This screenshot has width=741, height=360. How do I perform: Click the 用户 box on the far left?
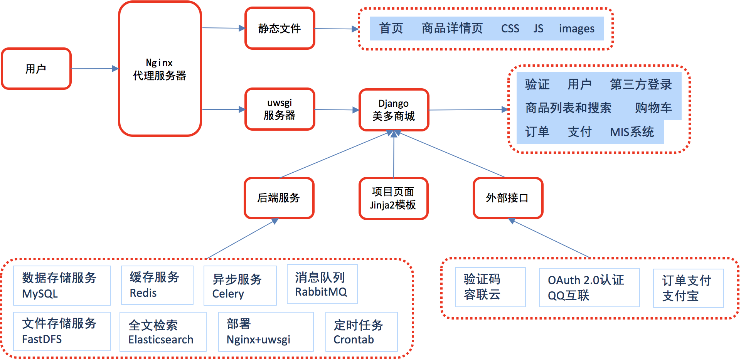point(36,69)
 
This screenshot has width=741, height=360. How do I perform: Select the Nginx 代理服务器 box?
point(160,69)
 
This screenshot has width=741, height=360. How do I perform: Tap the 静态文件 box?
point(280,28)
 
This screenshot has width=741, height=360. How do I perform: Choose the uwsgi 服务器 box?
point(280,109)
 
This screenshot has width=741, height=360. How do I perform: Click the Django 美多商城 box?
point(394,110)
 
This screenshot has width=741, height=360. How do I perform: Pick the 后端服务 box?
point(279,198)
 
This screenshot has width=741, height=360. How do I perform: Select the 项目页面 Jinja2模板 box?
point(394,199)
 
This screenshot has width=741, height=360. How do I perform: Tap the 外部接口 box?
point(508,198)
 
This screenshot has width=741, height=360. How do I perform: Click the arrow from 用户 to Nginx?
point(95,69)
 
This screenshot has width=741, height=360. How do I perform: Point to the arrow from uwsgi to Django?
point(337,110)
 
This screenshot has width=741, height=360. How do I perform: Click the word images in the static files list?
point(577,29)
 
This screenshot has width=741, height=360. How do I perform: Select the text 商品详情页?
point(452,28)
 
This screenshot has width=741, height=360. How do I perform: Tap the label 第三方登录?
point(641,84)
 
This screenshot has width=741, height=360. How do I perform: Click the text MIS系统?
point(632,132)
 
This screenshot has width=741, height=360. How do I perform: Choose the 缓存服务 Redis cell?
point(157,285)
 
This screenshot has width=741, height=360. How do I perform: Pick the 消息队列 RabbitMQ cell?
point(322,284)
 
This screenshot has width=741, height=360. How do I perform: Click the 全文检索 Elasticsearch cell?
point(163,332)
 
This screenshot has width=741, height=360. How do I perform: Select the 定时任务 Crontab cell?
point(362,332)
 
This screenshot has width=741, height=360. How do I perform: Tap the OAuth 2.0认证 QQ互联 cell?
point(589,288)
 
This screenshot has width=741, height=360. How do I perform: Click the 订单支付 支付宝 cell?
point(689,288)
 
